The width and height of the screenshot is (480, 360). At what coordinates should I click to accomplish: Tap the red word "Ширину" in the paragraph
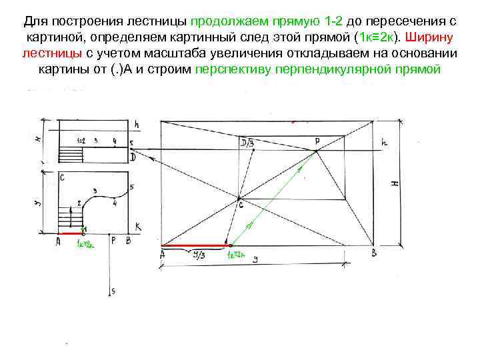coord(431,35)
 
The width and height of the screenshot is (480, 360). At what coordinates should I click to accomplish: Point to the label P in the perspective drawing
coord(317,141)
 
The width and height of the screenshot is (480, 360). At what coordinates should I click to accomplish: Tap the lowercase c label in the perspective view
coord(241,206)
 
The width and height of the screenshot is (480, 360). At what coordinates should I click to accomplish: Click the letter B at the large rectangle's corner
coord(375,253)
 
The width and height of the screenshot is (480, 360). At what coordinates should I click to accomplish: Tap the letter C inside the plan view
coord(61,178)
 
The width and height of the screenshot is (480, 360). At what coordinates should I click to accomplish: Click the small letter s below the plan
coord(113,291)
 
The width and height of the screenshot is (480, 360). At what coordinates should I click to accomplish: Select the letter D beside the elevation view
coord(133,157)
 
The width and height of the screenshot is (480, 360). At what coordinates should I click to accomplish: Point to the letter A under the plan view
coord(58,242)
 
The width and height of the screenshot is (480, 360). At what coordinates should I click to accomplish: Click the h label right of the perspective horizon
coord(384,143)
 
